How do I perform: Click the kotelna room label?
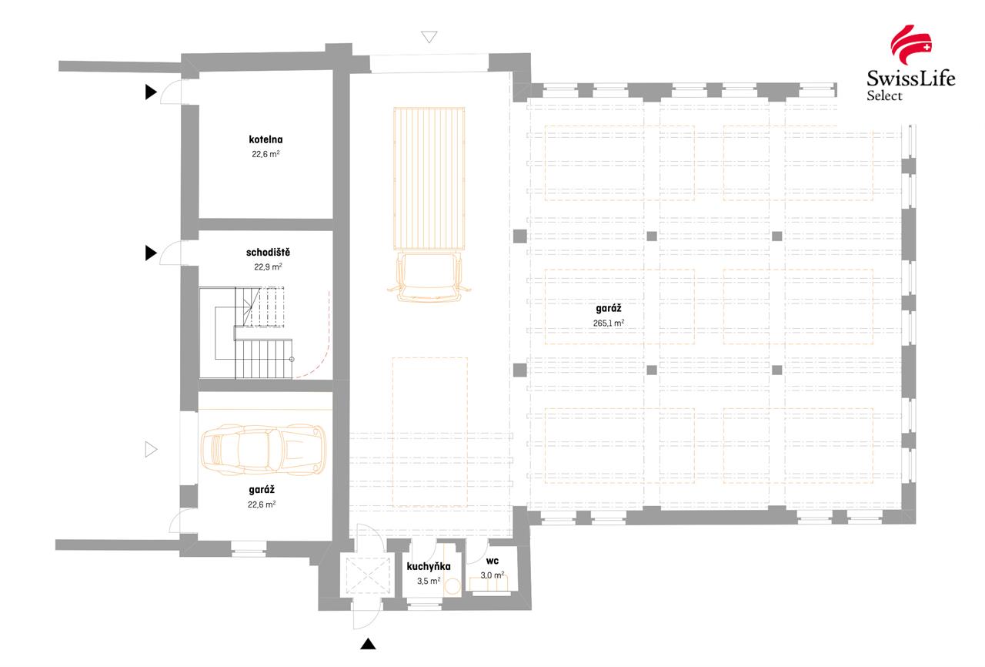265,140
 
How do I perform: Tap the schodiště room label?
268,253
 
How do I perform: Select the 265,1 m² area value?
608,323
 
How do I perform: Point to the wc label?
492,563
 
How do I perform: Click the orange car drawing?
262,451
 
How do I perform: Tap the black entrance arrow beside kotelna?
151,93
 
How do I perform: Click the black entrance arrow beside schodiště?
151,253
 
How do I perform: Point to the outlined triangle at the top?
429,37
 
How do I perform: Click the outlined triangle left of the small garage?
151,449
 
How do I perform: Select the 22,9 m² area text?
268,267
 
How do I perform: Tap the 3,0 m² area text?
492,575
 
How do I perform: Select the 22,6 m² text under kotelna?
265,154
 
